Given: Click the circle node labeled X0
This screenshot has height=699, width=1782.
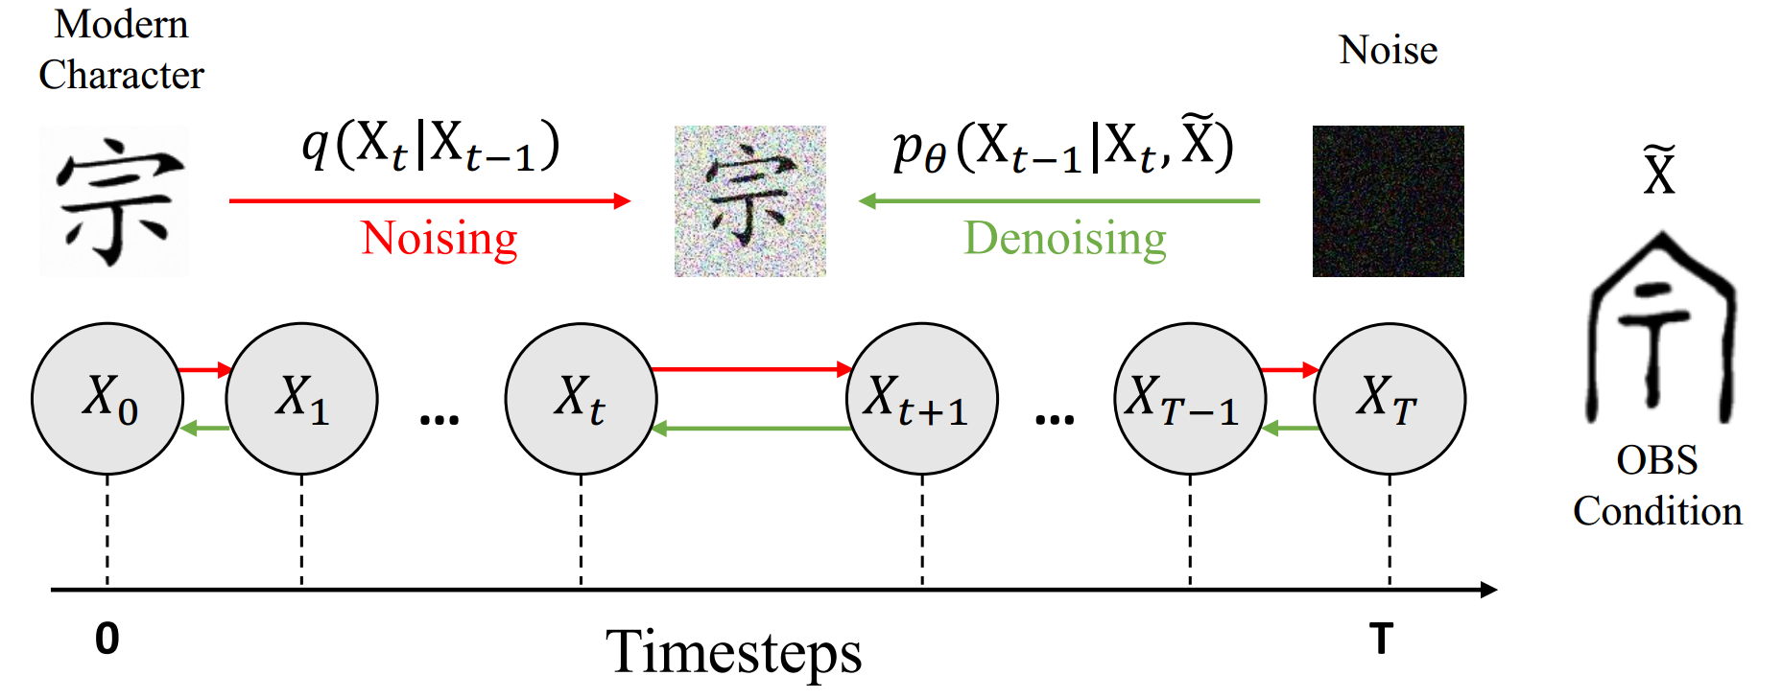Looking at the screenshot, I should (107, 398).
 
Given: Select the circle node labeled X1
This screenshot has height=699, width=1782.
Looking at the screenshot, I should (301, 398).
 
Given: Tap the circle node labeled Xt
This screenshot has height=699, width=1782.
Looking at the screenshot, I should (581, 398).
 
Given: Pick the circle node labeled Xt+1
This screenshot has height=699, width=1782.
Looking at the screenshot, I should (921, 398).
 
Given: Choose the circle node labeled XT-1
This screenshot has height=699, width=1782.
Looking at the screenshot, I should (1190, 398).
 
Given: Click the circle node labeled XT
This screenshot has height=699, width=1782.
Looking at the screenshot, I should (1389, 398).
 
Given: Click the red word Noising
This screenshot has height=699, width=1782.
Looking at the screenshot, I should (440, 238).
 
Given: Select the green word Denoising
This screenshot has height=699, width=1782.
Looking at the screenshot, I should (1065, 238).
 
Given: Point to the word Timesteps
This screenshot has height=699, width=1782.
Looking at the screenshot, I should (734, 652).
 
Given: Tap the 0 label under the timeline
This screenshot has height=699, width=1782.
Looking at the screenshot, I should (107, 639).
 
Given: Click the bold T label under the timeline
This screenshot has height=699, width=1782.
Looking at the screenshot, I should (1381, 639).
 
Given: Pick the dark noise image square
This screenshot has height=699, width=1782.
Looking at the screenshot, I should (1388, 201).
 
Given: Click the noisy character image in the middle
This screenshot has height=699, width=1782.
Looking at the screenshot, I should (749, 201).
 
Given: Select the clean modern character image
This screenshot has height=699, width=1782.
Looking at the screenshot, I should (115, 201).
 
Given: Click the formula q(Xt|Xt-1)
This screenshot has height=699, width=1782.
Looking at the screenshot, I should (431, 146).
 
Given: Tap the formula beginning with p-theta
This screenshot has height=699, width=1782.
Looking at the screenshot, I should (1062, 146).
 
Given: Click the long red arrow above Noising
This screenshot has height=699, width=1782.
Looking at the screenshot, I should (429, 200).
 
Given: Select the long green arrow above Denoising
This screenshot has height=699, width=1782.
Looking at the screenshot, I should (1059, 200).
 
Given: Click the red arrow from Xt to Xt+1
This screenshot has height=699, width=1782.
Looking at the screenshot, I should (751, 369).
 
